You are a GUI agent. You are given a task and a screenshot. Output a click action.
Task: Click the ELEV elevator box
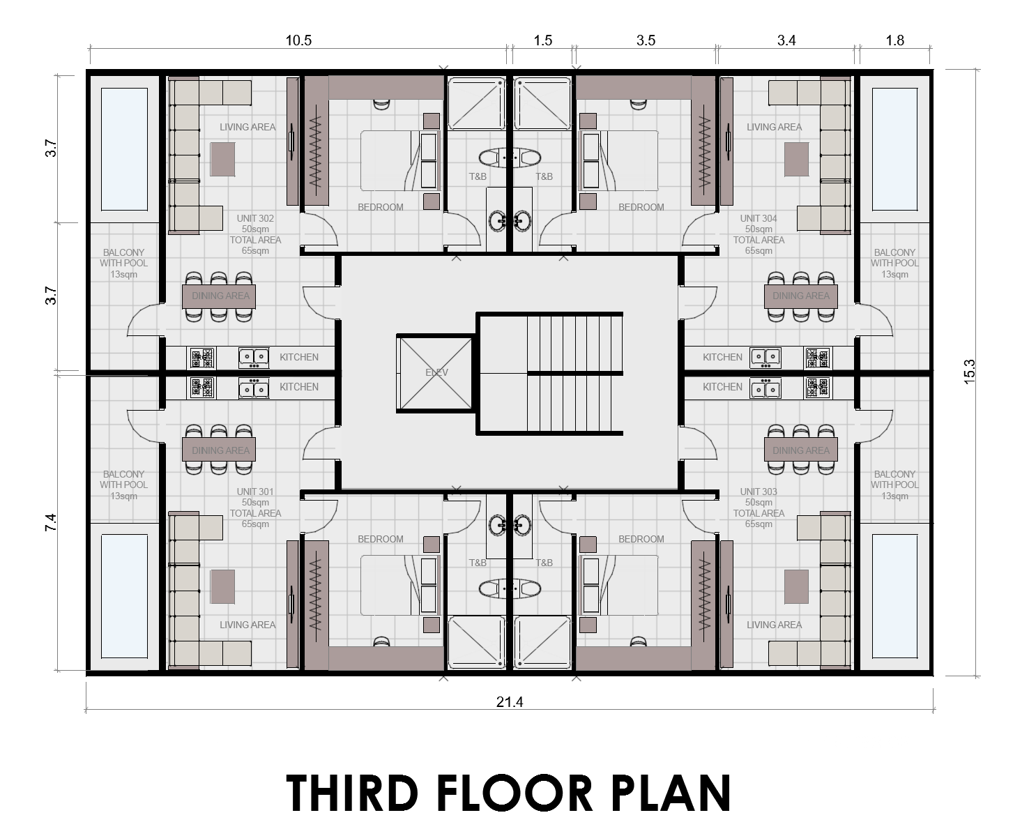pyautogui.click(x=436, y=373)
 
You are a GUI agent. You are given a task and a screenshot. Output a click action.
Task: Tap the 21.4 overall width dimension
pyautogui.click(x=509, y=702)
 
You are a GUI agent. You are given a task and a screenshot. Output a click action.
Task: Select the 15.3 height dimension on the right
pyautogui.click(x=970, y=372)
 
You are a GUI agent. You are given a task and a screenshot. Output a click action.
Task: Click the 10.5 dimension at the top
pyautogui.click(x=298, y=40)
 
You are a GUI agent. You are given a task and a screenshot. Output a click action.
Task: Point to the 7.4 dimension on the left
pyautogui.click(x=50, y=522)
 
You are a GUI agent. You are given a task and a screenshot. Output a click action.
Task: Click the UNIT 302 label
pyautogui.click(x=255, y=218)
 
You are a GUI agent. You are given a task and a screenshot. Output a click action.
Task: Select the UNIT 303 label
pyautogui.click(x=759, y=492)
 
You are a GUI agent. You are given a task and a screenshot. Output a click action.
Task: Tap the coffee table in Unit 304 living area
pyautogui.click(x=796, y=159)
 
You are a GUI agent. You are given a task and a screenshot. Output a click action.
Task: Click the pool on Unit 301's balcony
pyautogui.click(x=125, y=596)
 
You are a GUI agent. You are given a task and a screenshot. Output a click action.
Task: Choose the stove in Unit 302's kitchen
pyautogui.click(x=202, y=358)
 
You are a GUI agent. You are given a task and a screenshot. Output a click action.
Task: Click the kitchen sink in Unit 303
pyautogui.click(x=765, y=388)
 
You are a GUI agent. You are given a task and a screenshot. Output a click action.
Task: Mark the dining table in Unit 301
pyautogui.click(x=220, y=450)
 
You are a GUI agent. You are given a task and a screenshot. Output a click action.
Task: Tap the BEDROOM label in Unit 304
pyautogui.click(x=641, y=207)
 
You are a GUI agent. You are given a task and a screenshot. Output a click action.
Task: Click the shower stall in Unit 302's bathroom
pyautogui.click(x=476, y=103)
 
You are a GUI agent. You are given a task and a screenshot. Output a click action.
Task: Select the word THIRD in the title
pyautogui.click(x=351, y=793)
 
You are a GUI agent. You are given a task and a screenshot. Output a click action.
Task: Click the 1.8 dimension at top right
pyautogui.click(x=894, y=40)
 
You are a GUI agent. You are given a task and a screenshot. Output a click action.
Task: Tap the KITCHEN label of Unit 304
pyautogui.click(x=722, y=357)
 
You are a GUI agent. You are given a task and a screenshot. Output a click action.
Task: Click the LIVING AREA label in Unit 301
pyautogui.click(x=247, y=625)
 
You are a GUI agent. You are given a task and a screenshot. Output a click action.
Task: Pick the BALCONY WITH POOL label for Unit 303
pyautogui.click(x=894, y=485)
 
